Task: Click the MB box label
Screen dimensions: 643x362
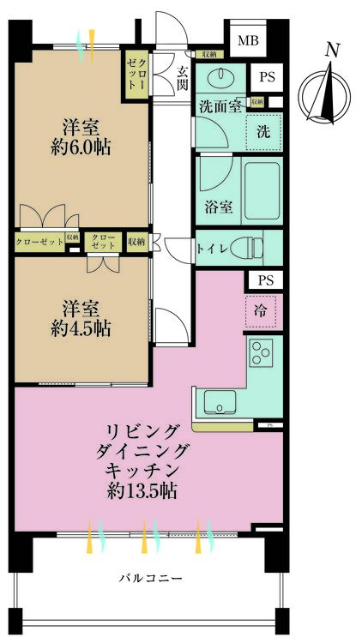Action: pos(247,41)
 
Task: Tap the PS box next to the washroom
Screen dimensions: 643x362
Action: pos(266,76)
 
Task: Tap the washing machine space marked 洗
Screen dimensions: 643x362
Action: pos(263,132)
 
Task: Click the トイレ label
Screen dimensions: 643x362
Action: pos(211,248)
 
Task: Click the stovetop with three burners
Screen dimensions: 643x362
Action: pos(262,352)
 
